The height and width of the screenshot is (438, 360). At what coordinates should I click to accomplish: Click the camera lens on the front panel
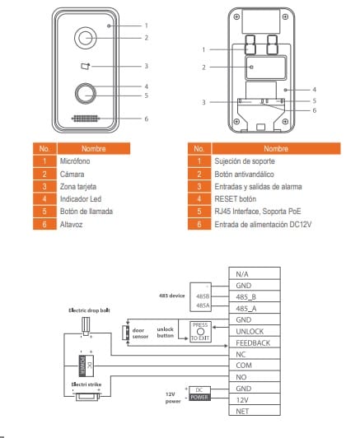[x=85, y=38]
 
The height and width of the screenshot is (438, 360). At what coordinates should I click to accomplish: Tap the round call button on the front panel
[x=86, y=94]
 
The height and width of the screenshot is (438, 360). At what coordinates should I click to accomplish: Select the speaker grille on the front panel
[x=86, y=119]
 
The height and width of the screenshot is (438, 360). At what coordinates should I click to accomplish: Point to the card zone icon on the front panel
[x=85, y=66]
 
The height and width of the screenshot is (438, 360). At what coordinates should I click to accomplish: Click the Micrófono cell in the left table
[x=75, y=161]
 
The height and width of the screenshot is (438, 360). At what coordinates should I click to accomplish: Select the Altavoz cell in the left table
[x=72, y=224]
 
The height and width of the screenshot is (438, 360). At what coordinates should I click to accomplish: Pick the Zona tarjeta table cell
[x=78, y=187]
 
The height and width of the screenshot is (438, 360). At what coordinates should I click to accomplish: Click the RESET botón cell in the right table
[x=236, y=199]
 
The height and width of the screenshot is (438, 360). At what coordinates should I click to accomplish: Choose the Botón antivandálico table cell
[x=245, y=174]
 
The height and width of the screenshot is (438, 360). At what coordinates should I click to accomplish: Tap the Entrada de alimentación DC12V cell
[x=263, y=224]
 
